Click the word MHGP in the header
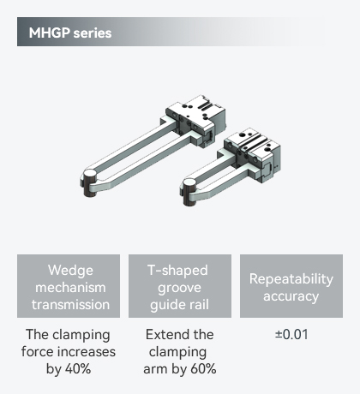coord(50,33)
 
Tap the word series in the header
coord(93,33)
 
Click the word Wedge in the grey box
coord(70,271)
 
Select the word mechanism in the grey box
coord(70,288)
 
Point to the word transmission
coord(70,305)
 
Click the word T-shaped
coord(177,271)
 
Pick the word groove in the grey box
coord(179,288)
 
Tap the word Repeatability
coord(291,279)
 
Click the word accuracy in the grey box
coord(291,296)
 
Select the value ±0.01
coord(291,335)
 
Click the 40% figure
coord(78,369)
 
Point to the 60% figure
coord(203,369)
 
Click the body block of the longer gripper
coord(195,118)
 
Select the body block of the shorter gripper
coord(252,153)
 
